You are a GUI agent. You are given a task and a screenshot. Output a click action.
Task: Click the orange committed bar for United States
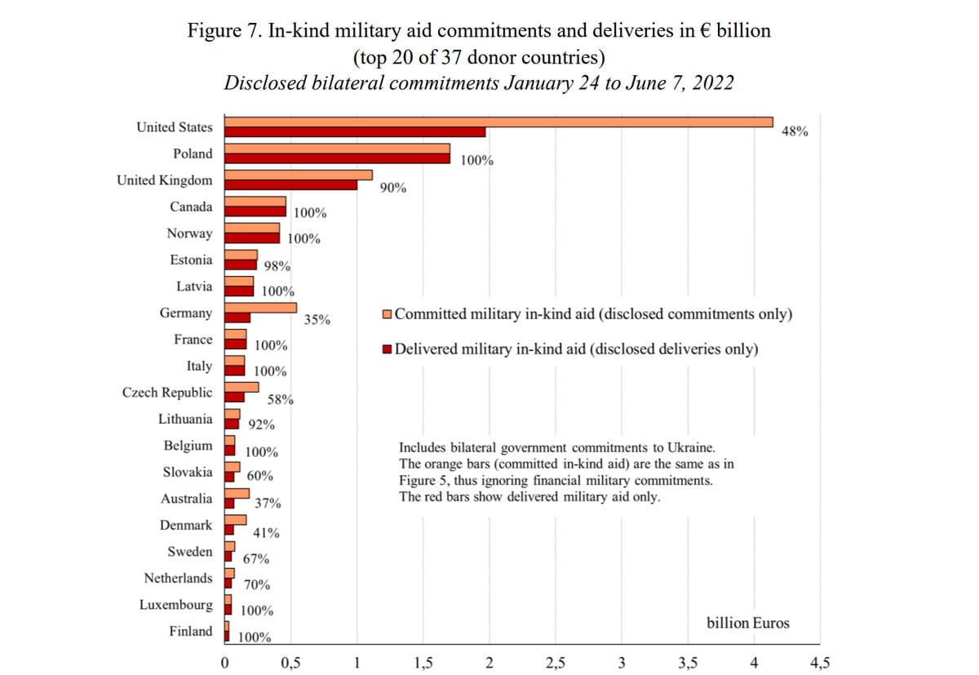tap(498, 122)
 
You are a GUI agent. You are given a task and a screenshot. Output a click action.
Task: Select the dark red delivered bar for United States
tap(355, 132)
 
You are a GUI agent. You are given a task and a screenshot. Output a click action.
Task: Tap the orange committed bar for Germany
tap(260, 308)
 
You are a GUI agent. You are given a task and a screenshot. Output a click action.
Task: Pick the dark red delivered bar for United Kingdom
tap(290, 185)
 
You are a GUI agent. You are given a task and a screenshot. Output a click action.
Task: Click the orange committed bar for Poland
tap(338, 149)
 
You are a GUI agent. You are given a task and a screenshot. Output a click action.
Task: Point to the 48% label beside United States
tap(795, 131)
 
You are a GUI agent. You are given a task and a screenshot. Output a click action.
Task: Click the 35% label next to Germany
tap(317, 320)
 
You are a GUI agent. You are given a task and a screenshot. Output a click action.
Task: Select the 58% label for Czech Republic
tap(280, 399)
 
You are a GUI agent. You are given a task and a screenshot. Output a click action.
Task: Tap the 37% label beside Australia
tap(268, 504)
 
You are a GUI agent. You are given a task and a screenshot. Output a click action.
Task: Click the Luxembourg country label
tap(175, 605)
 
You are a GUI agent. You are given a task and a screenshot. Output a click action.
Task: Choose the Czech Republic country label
tap(167, 392)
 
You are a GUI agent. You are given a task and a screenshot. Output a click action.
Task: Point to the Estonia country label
tap(191, 260)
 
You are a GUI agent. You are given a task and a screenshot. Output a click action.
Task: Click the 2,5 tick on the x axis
tap(556, 664)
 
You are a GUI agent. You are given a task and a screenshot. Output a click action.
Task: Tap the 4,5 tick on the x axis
tap(820, 664)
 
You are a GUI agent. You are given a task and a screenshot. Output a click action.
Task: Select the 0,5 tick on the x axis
tap(290, 664)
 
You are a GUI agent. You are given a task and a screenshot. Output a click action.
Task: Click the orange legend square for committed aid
tap(387, 314)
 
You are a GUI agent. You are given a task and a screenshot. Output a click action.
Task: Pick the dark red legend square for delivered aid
tap(387, 349)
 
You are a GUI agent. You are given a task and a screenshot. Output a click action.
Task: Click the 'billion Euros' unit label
tap(748, 623)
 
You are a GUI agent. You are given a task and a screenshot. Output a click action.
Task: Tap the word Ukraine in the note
tap(690, 447)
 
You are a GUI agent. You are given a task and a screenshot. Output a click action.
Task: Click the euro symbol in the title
tap(706, 30)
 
